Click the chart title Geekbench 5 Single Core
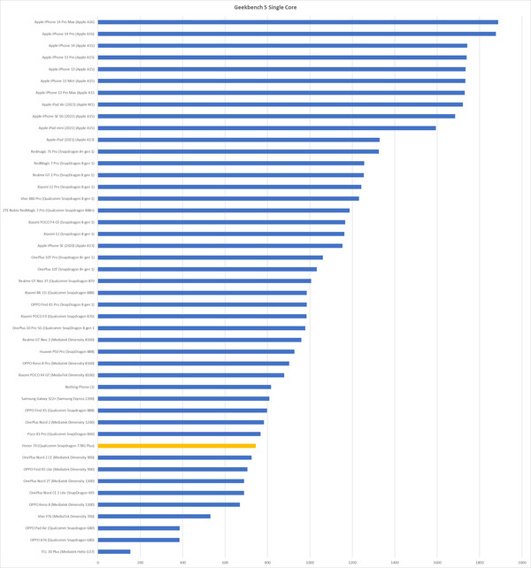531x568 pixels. coord(265,5)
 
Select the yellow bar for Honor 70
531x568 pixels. coord(177,446)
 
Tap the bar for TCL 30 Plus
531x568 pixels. coord(114,551)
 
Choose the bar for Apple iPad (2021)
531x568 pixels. coord(239,140)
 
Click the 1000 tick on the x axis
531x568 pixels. coord(310,561)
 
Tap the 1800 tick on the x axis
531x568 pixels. coord(480,561)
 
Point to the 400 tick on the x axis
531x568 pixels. coord(182,561)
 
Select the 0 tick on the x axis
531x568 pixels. coord(98,561)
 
